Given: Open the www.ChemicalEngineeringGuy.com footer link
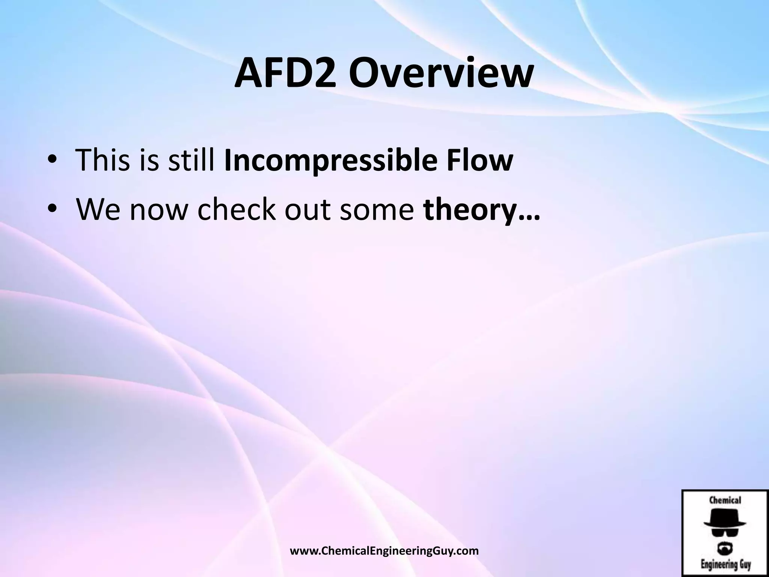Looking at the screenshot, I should [384, 551].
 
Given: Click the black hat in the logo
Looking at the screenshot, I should [725, 520].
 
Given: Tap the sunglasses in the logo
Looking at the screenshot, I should [725, 532].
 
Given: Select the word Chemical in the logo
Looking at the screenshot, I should [725, 500].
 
